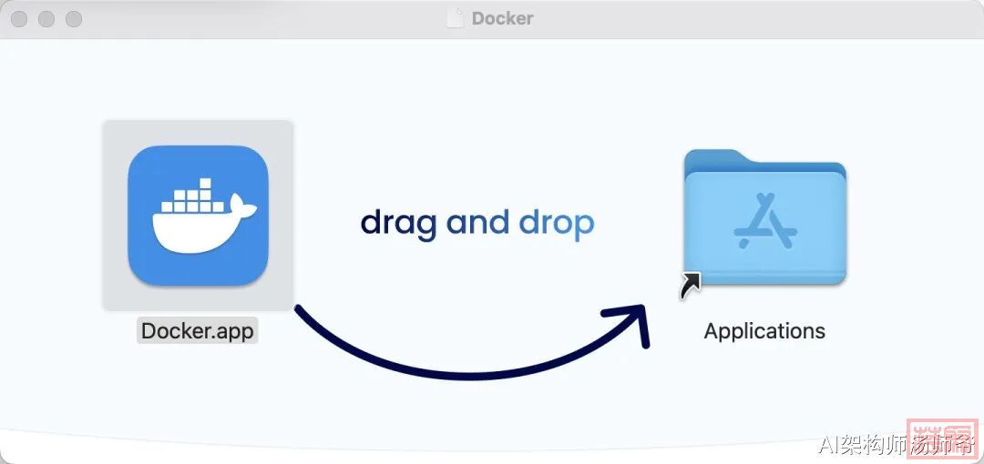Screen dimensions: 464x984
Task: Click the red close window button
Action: click(18, 19)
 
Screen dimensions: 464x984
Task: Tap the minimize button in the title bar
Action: click(46, 19)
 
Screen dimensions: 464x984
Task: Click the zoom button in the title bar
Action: click(74, 19)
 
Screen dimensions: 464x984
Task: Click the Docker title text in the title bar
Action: click(502, 18)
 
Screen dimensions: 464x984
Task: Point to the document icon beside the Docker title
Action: click(455, 18)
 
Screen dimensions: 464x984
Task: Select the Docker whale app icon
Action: click(198, 216)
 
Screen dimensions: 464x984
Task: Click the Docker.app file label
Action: click(198, 330)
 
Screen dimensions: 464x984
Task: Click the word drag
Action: click(398, 223)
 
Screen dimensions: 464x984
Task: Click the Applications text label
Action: click(764, 331)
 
